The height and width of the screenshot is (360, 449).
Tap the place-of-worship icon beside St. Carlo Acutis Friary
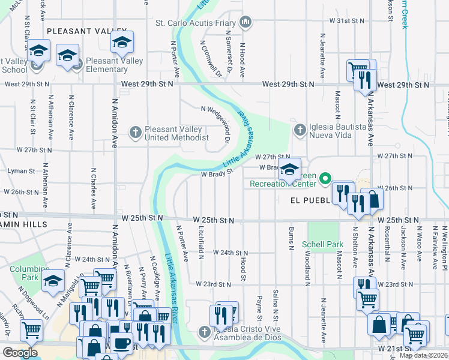pos(245,23)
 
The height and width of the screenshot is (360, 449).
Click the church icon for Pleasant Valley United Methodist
pos(136,131)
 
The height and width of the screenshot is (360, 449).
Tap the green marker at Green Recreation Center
pos(325,178)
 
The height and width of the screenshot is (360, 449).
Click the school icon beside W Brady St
pos(289,170)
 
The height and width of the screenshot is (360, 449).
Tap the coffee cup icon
pos(122,343)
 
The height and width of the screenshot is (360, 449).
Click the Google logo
pos(20,353)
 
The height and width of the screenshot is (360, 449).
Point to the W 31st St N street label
pos(347,20)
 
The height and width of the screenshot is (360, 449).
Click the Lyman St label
pos(21,171)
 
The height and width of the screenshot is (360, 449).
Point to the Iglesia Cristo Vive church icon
pos(205,331)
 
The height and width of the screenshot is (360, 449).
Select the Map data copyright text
pos(423,355)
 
